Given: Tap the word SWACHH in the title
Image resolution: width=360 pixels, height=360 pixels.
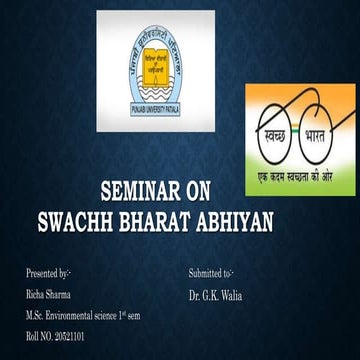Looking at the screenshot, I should (x=104, y=216).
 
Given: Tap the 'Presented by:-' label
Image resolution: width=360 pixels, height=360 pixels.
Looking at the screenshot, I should (x=49, y=273).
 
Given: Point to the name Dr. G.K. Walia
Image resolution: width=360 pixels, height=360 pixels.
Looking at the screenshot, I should (x=216, y=295).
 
